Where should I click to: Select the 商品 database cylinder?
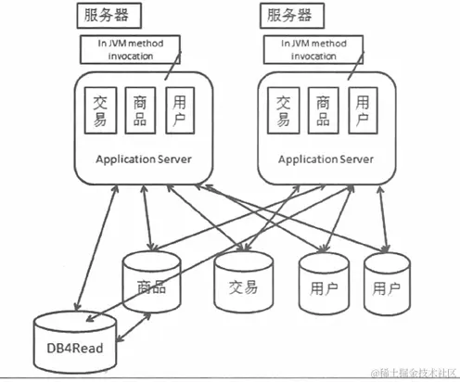pyautogui.click(x=150, y=283)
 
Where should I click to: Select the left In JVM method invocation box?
pyautogui.click(x=129, y=50)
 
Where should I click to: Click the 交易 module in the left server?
pyautogui.click(x=99, y=110)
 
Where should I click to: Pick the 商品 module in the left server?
pyautogui.click(x=141, y=110)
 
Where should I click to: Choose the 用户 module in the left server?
pyautogui.click(x=183, y=110)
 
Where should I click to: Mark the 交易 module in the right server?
pyautogui.click(x=281, y=110)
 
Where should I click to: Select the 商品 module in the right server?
pyautogui.click(x=323, y=110)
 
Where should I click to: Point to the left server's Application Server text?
pyautogui.click(x=144, y=159)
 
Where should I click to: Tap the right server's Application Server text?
pyautogui.click(x=326, y=159)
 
